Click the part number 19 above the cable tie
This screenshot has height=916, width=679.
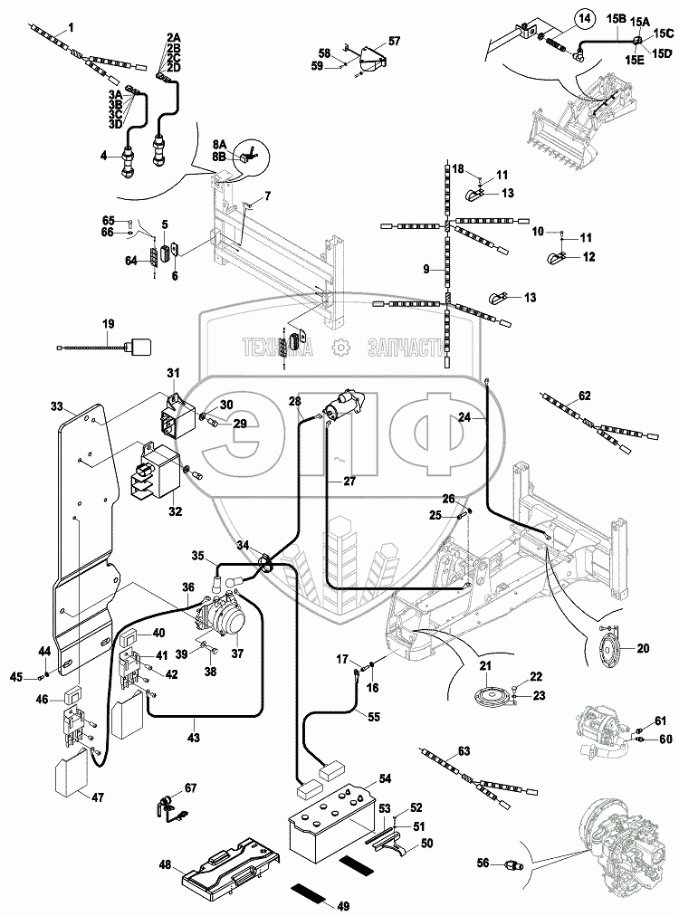point(108,323)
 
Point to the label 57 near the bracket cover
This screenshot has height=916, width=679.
point(394,41)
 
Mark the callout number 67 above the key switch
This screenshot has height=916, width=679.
point(189,787)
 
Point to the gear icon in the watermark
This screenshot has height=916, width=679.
point(340,347)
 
